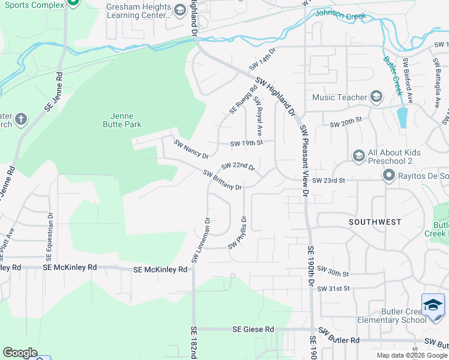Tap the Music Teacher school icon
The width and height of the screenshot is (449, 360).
tap(376, 97)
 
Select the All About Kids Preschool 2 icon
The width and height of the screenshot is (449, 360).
tap(359, 156)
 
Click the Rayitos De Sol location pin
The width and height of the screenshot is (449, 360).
tap(388, 176)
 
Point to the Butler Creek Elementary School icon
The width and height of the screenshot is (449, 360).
tap(433, 305)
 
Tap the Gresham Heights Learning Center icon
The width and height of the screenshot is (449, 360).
tap(179, 10)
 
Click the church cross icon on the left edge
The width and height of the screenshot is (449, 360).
tap(21, 119)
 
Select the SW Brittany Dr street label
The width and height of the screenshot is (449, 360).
tap(222, 180)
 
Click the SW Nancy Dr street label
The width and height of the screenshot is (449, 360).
tap(191, 149)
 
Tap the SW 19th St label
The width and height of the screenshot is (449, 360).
tap(247, 143)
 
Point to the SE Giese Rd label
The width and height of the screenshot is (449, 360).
tap(253, 329)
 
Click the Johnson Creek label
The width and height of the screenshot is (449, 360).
tap(340, 15)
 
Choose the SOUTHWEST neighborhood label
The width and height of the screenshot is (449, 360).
tap(375, 222)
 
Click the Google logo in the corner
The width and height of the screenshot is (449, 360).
tap(20, 353)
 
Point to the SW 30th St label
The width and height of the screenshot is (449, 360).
tap(333, 272)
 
